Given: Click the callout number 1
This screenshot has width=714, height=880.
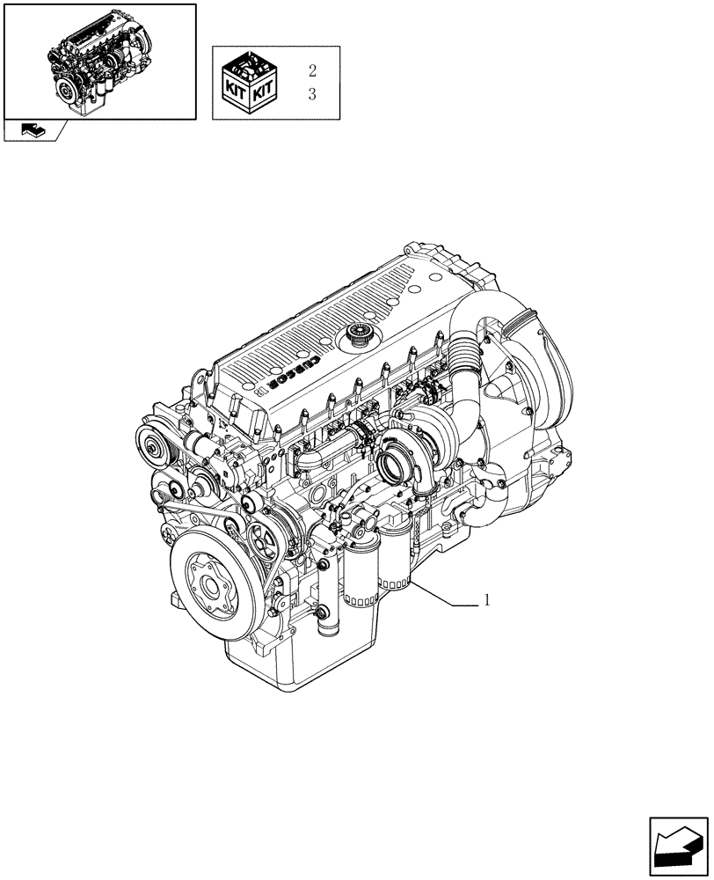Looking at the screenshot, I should point(486,601).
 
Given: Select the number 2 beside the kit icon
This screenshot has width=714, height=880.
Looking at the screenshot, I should point(312,71).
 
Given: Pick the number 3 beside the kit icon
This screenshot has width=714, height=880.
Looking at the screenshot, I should point(312,94).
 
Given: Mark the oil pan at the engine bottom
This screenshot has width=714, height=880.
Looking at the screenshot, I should point(299,660).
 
